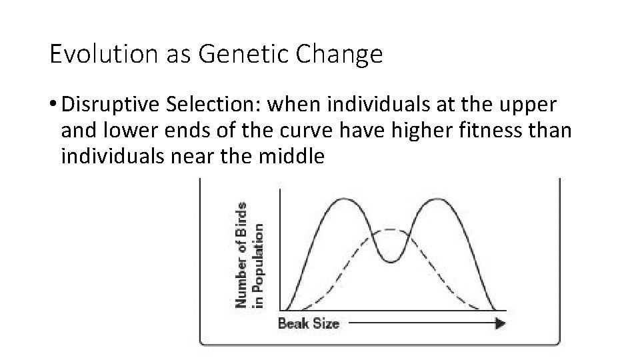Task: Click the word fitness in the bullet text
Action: click(489, 131)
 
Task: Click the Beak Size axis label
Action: click(308, 324)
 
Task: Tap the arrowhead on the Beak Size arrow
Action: click(500, 323)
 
